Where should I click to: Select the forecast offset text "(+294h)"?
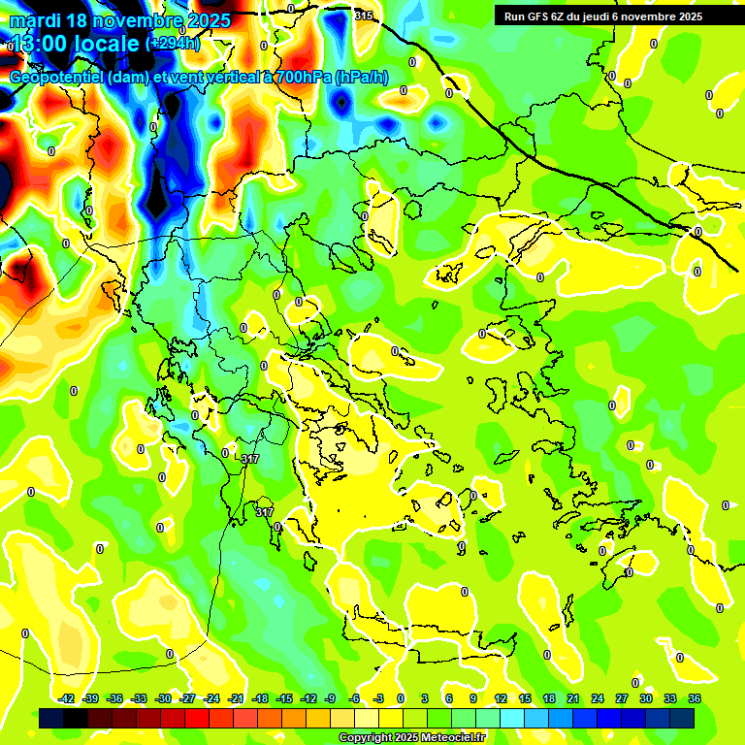(x=174, y=44)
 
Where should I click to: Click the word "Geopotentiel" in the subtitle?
(x=57, y=78)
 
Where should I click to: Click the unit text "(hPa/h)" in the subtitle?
(x=362, y=78)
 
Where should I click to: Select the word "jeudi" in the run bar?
(x=599, y=16)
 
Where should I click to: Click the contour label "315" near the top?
(x=364, y=16)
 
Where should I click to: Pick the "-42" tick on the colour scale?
(x=67, y=698)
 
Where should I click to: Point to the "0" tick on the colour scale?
(x=401, y=698)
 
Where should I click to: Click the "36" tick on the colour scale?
(x=695, y=698)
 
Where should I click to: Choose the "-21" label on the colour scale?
(x=236, y=698)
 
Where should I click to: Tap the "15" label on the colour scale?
(x=525, y=698)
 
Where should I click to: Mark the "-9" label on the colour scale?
(x=330, y=698)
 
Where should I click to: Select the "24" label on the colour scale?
(x=598, y=698)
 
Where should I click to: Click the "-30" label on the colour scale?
(x=163, y=698)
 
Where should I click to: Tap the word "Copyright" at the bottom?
(x=365, y=737)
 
